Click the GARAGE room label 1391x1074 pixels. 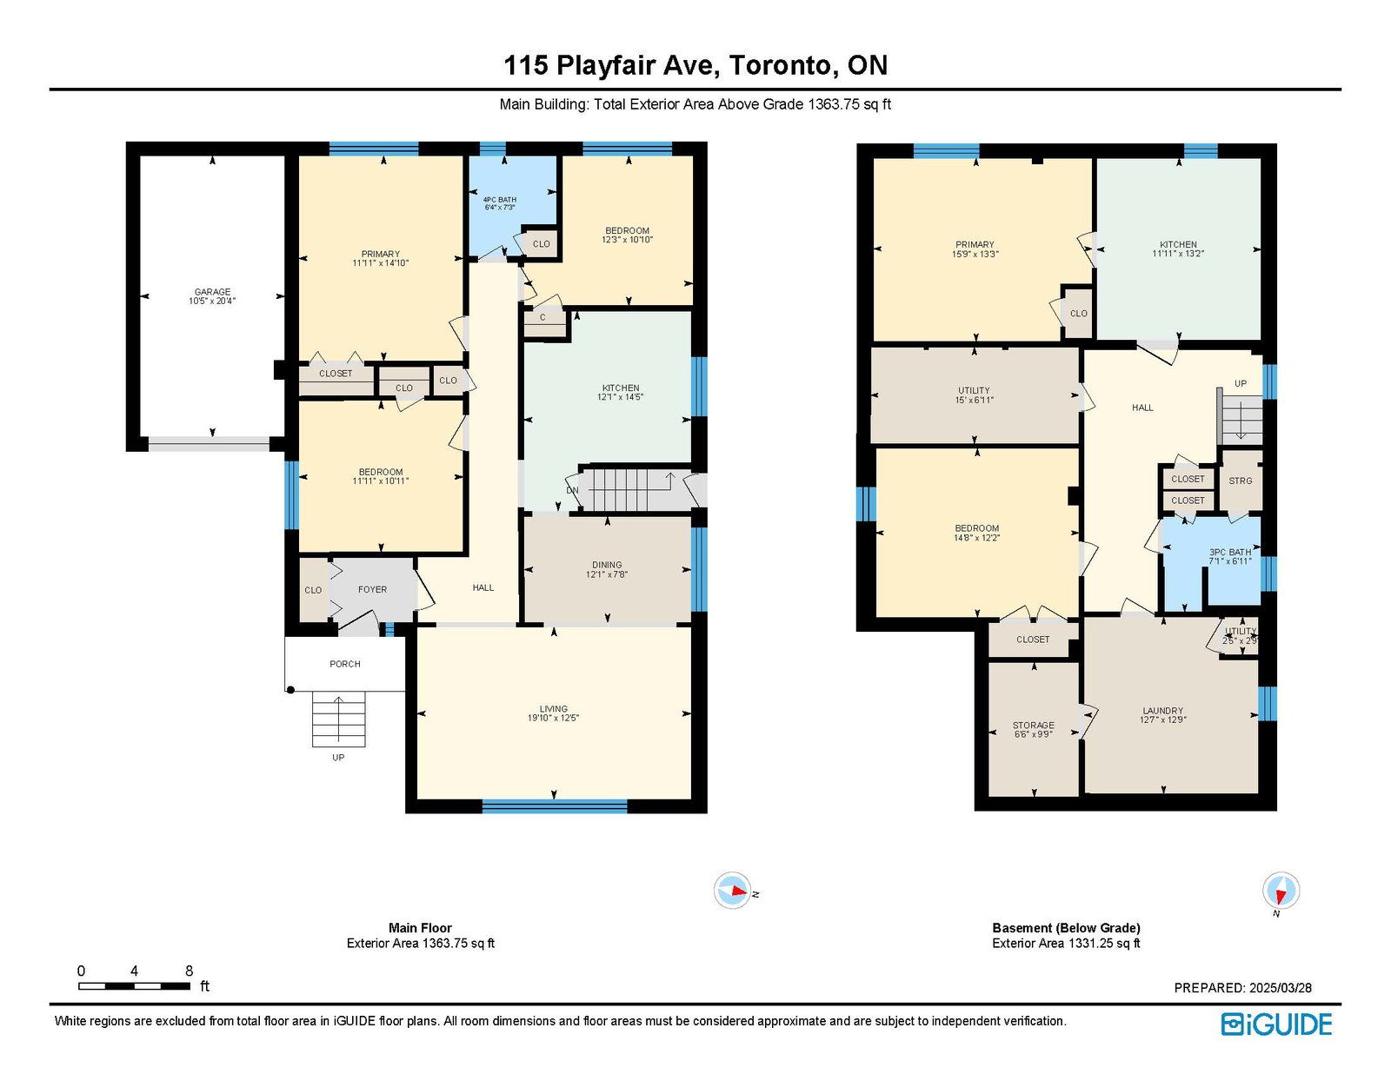tap(212, 292)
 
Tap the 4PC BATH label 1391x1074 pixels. tap(499, 200)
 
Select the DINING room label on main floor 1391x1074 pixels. tap(606, 565)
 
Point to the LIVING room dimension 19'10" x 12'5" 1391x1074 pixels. tap(553, 718)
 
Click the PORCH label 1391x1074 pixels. tap(345, 664)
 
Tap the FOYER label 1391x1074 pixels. tap(373, 590)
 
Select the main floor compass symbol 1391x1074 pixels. tap(732, 891)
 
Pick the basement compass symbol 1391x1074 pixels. tap(1281, 891)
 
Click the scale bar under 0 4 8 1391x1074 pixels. tap(135, 986)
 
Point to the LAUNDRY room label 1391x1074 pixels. tap(1163, 711)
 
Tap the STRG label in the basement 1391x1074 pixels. tap(1241, 481)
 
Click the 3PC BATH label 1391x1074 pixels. tap(1230, 552)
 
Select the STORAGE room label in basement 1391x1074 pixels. tap(1033, 726)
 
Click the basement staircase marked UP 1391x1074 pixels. tap(1240, 420)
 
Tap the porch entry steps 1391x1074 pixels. tap(339, 719)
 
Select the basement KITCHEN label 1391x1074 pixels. tap(1179, 244)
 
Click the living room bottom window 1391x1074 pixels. tap(555, 806)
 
